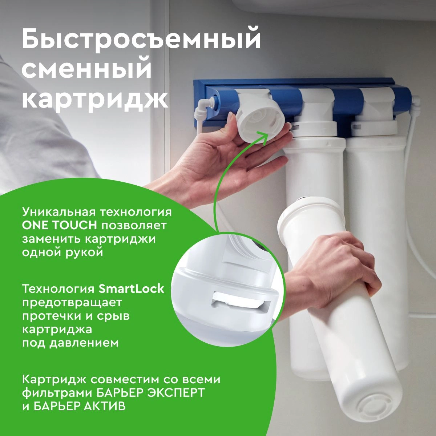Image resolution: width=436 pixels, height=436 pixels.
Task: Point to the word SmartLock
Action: (x=132, y=289)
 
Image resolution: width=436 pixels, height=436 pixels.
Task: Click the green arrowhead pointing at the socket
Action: (x=263, y=136)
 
